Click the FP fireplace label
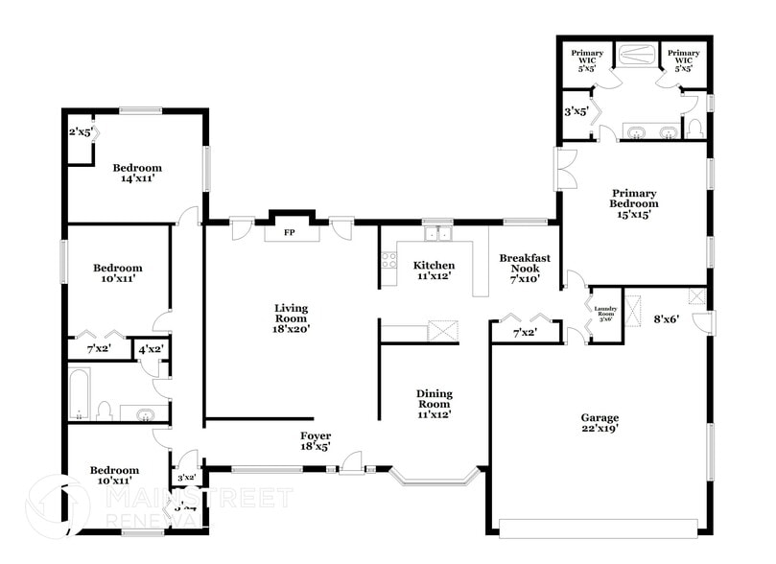tap(288, 233)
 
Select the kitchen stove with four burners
tap(388, 259)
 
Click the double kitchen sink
tap(437, 232)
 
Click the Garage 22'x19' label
tap(600, 423)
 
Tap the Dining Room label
tap(434, 404)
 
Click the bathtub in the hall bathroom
tap(80, 394)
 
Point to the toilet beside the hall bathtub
tap(104, 411)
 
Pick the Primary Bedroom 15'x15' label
tap(634, 203)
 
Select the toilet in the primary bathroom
tap(695, 127)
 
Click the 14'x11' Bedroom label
tap(134, 173)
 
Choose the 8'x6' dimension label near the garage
tap(666, 319)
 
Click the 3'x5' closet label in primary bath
tap(576, 111)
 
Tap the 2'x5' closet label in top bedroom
tap(80, 132)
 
